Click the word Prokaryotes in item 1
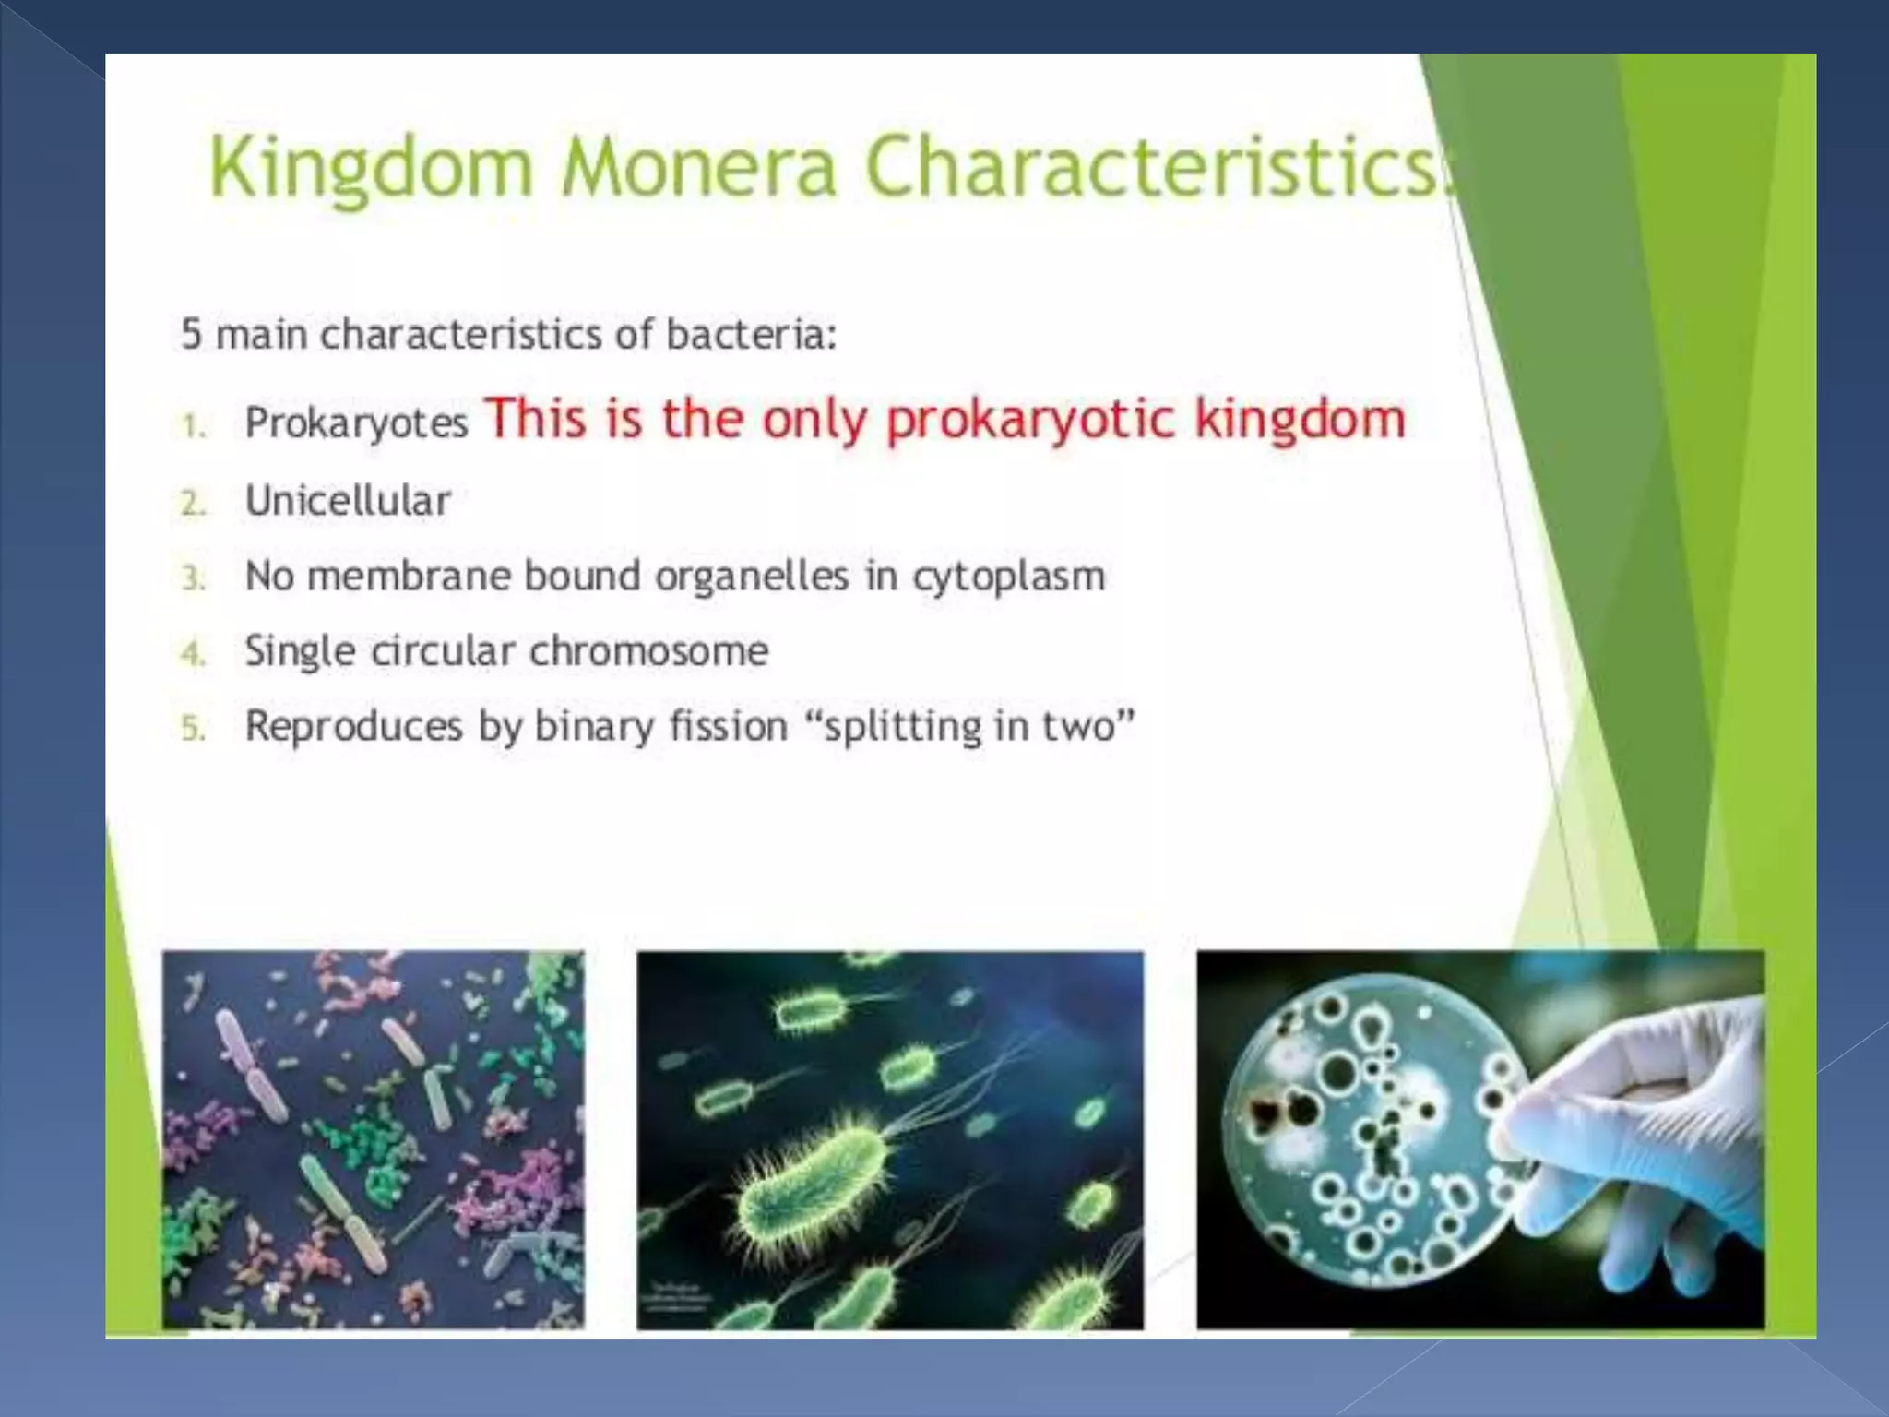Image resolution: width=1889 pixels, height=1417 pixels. (356, 423)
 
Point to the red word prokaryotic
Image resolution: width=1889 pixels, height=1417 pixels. (1030, 420)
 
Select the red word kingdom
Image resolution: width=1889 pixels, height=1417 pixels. (1301, 420)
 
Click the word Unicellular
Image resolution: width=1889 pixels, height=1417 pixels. (348, 501)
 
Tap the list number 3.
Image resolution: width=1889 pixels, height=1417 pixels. (193, 578)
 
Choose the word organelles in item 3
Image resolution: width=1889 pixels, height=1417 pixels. (752, 577)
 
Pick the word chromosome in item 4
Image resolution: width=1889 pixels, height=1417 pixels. (648, 651)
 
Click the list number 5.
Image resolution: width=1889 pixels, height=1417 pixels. (193, 729)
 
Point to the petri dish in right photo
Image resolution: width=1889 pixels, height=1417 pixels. (1374, 1135)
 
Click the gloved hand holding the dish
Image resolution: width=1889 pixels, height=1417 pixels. (1651, 1135)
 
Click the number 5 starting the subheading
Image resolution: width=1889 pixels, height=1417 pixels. (191, 334)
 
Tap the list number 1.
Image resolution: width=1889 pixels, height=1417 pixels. (193, 426)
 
